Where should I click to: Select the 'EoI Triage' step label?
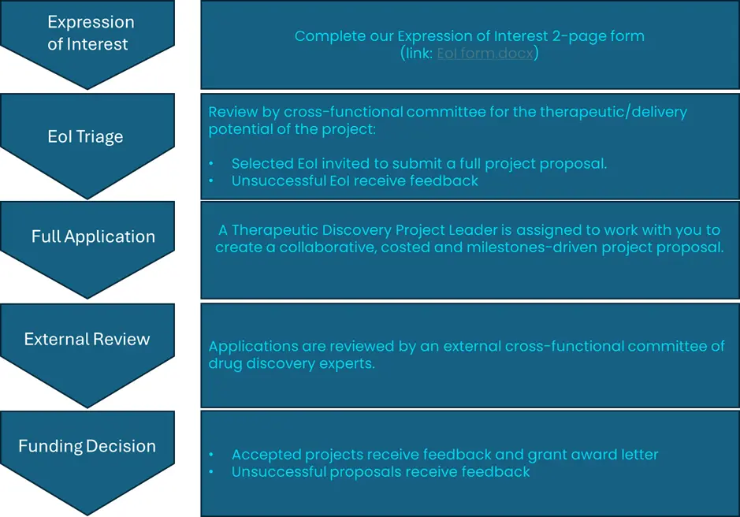[85, 136]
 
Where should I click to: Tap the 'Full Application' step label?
[93, 236]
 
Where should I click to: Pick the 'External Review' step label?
[87, 340]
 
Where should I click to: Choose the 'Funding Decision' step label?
[87, 446]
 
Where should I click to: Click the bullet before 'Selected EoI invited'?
[211, 164]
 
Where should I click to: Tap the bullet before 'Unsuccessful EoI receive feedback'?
[211, 181]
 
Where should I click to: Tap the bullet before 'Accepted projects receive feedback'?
[211, 455]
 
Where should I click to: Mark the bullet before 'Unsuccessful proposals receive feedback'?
[211, 472]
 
